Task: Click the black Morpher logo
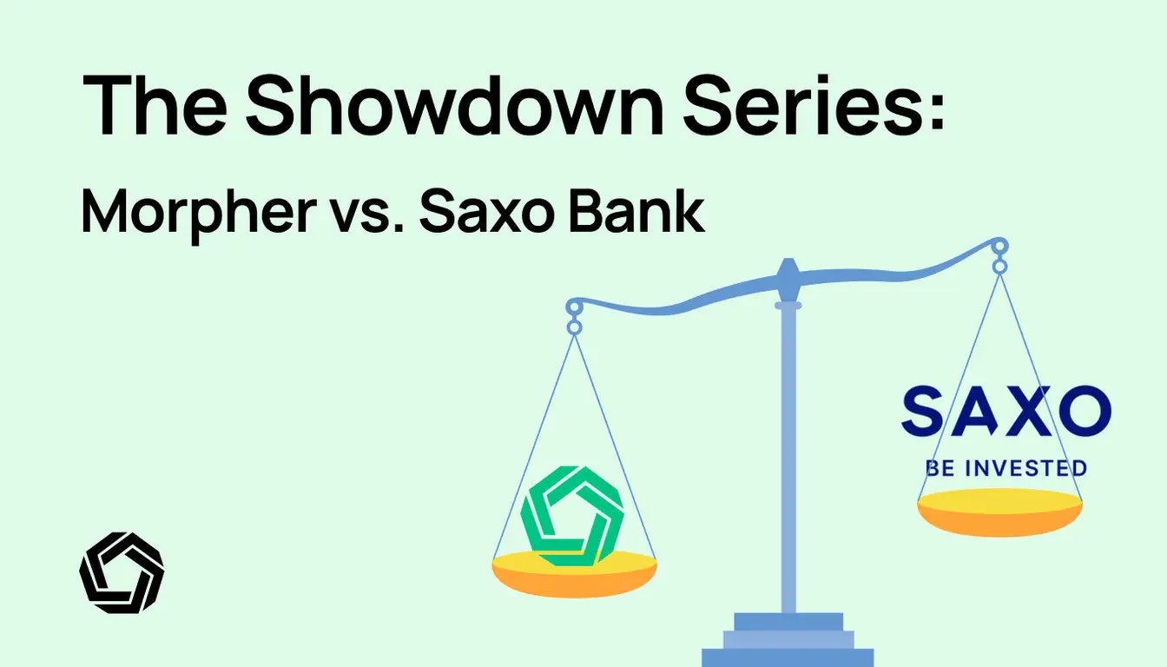click(x=122, y=572)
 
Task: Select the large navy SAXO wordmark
click(x=1005, y=413)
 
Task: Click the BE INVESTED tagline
click(x=1005, y=469)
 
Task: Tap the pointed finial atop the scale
click(x=788, y=274)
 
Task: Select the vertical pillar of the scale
click(x=788, y=460)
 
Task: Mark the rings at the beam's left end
click(x=573, y=317)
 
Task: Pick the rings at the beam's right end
click(x=999, y=256)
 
